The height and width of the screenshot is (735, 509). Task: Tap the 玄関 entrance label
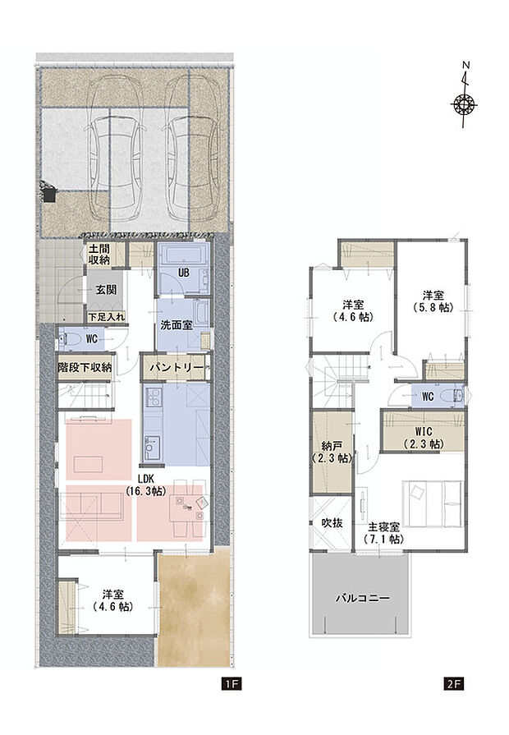(x=103, y=290)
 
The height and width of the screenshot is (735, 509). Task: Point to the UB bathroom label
(x=185, y=273)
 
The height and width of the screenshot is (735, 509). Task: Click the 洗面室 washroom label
(x=177, y=324)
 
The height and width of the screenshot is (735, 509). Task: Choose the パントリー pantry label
(x=177, y=367)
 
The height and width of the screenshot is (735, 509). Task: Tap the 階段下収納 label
(x=85, y=367)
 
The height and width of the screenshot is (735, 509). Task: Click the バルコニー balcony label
(x=361, y=598)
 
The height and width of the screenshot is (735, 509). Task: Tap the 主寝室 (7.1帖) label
(x=383, y=533)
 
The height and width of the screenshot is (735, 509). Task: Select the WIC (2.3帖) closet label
(x=423, y=437)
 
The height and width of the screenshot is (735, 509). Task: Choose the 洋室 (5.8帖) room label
(x=433, y=301)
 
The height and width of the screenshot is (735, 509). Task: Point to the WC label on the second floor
(x=427, y=396)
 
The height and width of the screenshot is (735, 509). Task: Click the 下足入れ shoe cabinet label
(x=107, y=315)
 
